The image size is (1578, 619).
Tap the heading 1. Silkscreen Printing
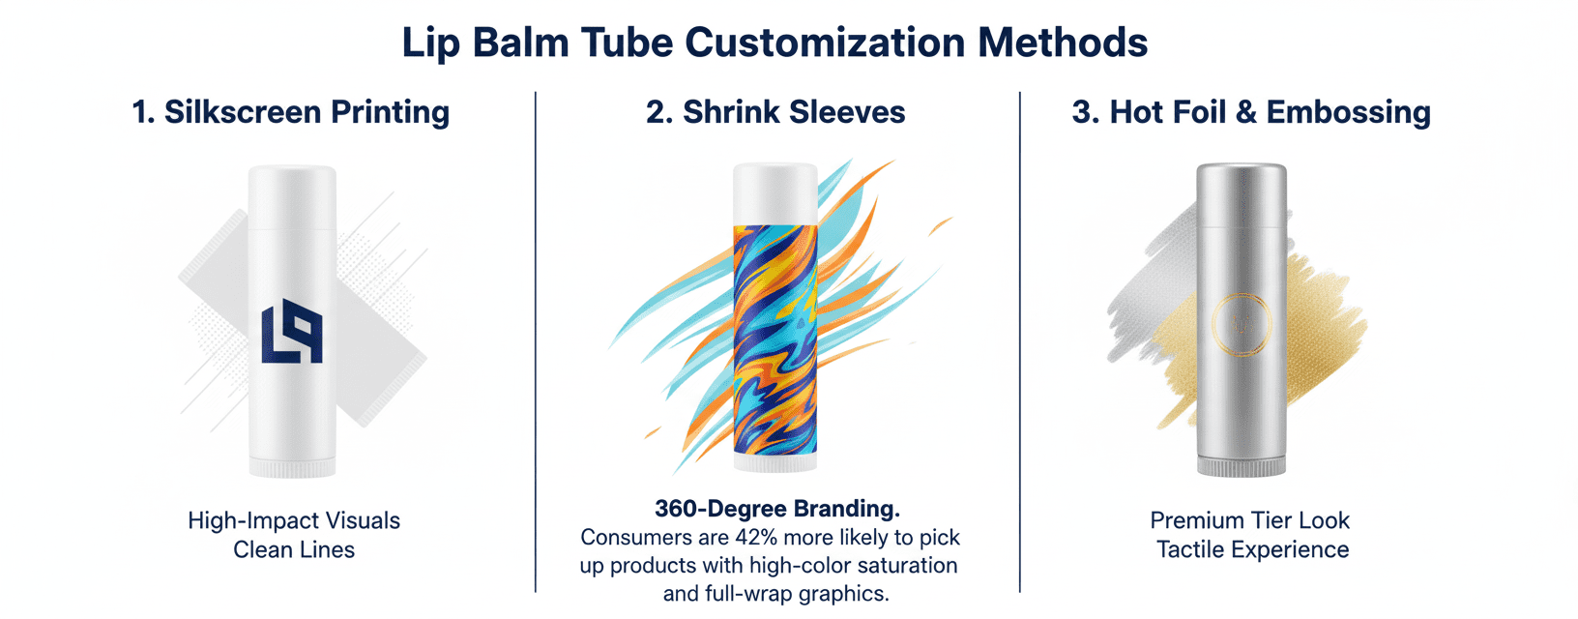291,113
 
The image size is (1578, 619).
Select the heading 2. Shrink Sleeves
775,112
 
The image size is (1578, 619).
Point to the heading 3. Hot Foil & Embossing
1251,113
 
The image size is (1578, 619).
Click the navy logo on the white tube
292,331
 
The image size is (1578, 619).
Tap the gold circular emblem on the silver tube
1242,324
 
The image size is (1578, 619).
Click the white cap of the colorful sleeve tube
774,194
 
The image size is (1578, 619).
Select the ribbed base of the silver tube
1242,467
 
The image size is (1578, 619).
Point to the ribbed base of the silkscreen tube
292,467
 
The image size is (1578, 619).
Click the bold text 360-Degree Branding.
777,509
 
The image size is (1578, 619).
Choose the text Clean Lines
294,550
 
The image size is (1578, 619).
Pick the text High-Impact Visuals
294,521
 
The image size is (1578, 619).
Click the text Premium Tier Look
1249,520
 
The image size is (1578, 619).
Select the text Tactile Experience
1252,550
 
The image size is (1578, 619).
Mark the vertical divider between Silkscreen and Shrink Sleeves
536,342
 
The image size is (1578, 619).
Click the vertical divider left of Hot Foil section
1019,342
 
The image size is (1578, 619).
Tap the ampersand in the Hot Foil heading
1246,113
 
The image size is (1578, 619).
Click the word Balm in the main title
520,43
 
